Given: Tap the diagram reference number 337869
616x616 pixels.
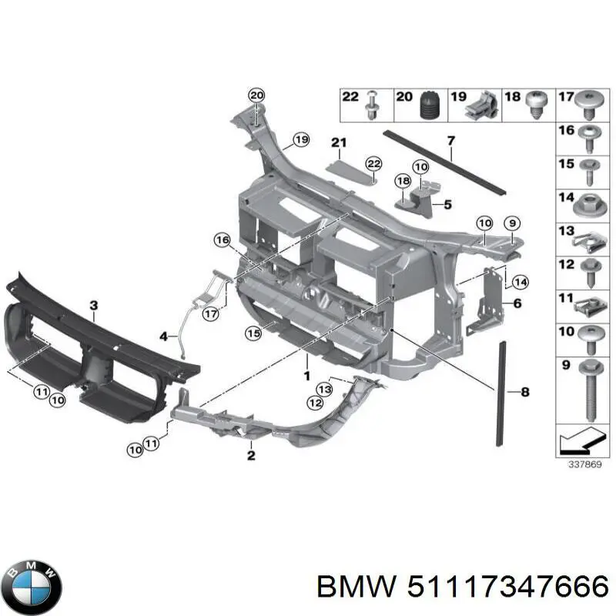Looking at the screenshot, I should (580, 464).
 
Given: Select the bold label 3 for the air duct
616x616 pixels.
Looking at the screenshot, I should (93, 306).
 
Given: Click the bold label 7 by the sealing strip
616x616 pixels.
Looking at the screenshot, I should (451, 139).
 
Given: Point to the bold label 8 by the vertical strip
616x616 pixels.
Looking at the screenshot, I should (525, 393).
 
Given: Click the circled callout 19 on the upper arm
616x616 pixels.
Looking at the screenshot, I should (300, 140).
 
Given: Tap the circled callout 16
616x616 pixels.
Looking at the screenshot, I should (222, 241).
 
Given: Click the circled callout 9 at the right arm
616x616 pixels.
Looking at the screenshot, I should (513, 223).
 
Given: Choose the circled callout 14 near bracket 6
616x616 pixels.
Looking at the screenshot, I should (520, 281).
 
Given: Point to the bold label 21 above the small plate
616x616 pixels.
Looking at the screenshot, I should (340, 142).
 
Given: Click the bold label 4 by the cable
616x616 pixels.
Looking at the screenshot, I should (163, 336).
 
